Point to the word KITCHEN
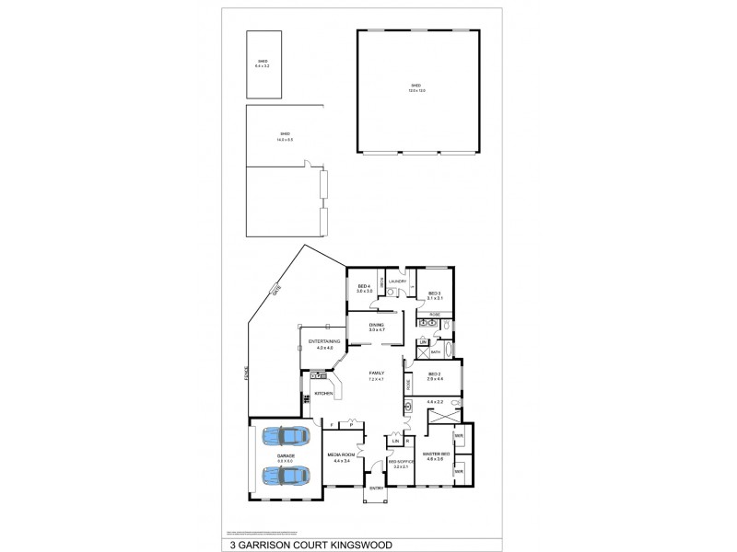[x=323, y=394]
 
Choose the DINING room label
[x=376, y=327]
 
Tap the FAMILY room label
[x=376, y=374]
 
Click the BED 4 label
[x=363, y=287]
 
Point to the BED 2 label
[x=435, y=376]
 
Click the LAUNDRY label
[x=398, y=282]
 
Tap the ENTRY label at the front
[x=376, y=488]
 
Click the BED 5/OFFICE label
[x=401, y=465]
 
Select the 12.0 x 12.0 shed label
[x=418, y=88]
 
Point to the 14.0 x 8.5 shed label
[x=285, y=137]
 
